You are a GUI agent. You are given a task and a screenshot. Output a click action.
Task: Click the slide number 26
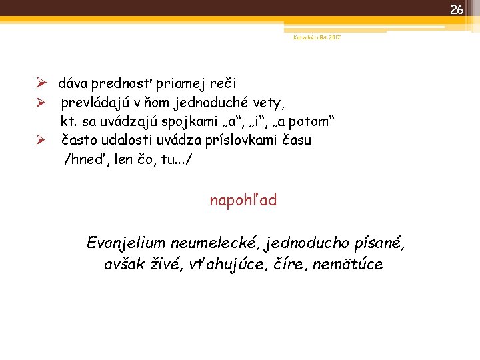[456, 9]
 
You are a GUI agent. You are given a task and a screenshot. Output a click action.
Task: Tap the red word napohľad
[243, 200]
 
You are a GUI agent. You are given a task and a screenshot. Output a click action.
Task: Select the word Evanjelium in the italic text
[126, 243]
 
